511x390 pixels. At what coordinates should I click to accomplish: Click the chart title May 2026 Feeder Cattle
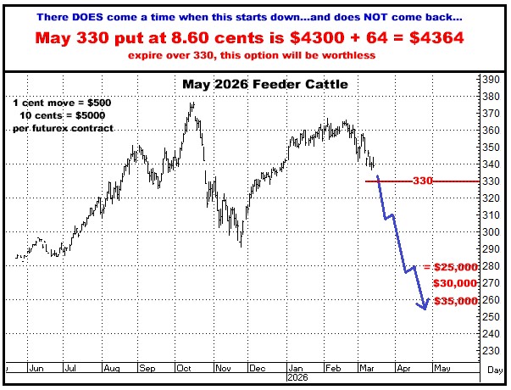tap(254, 85)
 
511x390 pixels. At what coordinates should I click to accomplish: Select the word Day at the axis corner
tap(495, 370)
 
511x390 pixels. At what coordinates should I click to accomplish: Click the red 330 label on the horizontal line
tap(424, 181)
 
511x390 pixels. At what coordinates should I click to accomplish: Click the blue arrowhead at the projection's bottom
tap(423, 306)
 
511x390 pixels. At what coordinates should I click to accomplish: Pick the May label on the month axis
tap(442, 369)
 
